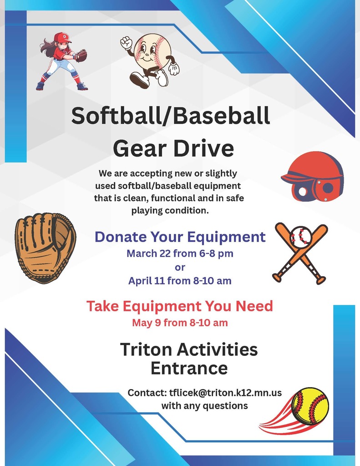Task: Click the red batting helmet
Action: point(314,177)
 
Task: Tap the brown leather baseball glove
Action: point(44,248)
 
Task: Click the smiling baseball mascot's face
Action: point(149,51)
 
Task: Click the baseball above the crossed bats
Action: point(301,237)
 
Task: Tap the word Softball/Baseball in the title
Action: point(170,116)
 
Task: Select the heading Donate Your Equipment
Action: point(180,237)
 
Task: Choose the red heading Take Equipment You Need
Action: point(180,306)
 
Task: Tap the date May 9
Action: point(146,323)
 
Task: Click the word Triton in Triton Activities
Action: point(145,349)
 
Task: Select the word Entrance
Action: point(189,368)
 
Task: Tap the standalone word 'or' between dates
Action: point(180,267)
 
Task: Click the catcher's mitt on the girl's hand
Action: point(81,56)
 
